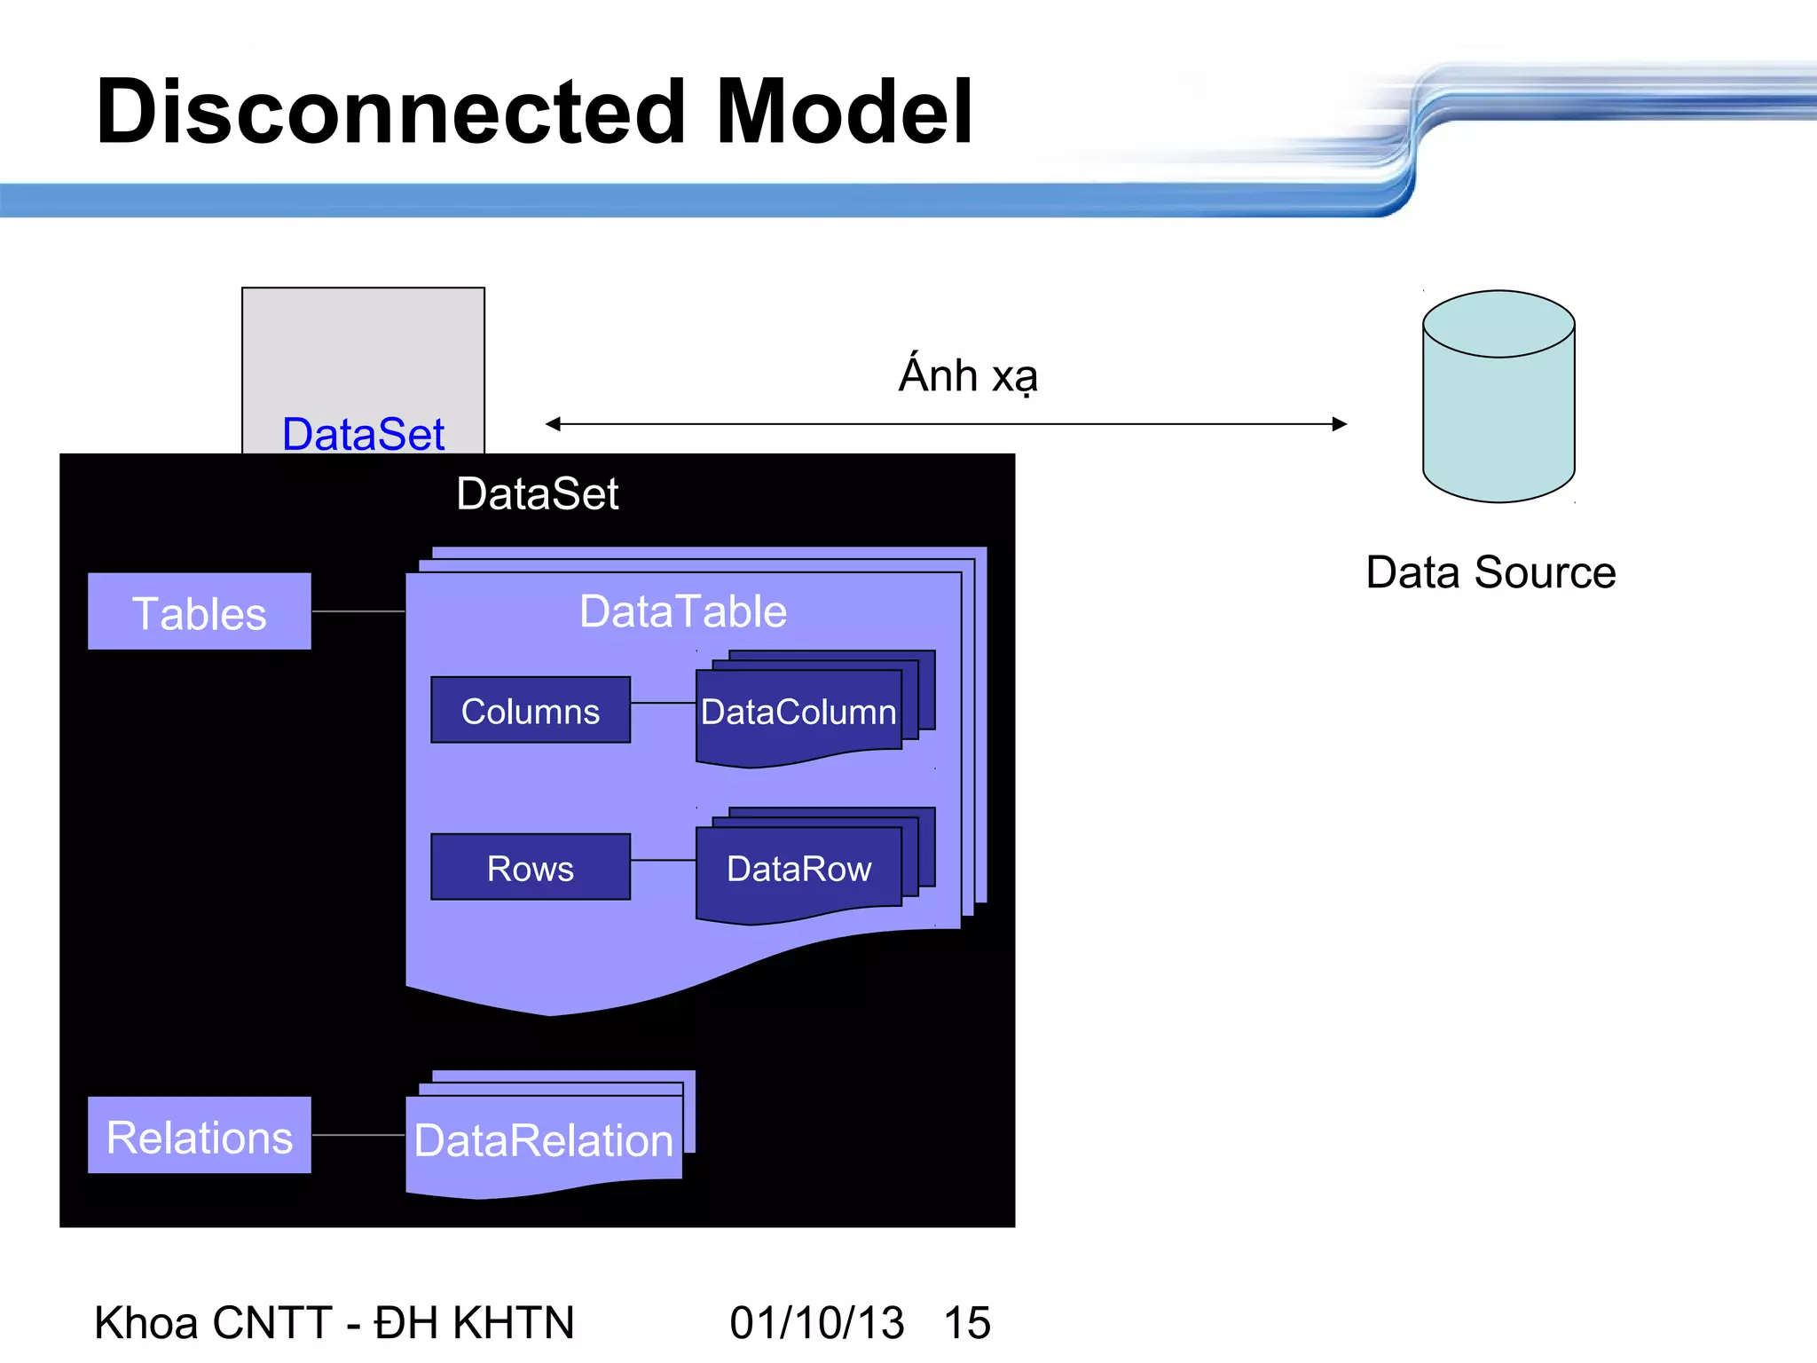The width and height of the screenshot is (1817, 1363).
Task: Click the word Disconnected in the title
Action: coord(390,112)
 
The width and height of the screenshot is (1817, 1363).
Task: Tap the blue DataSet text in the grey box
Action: coord(363,434)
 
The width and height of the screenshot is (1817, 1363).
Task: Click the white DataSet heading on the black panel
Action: coord(537,493)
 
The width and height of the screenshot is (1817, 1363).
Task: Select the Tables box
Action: coord(200,612)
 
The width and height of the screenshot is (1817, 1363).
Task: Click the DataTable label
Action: coord(682,611)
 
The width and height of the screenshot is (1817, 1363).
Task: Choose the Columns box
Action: coord(531,711)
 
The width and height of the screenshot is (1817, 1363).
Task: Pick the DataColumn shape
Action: coord(798,713)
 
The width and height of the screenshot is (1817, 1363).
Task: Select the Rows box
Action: coord(531,868)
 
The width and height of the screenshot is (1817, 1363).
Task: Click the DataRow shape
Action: coord(798,869)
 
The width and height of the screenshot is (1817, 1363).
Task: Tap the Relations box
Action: coord(200,1136)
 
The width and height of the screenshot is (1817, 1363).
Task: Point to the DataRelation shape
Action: coord(543,1140)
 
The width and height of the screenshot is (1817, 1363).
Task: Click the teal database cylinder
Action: coord(1498,408)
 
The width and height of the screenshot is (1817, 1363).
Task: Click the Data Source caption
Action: coord(1491,572)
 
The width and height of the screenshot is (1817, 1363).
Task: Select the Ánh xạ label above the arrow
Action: coord(968,375)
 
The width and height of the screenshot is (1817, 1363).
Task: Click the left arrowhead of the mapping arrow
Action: coord(554,424)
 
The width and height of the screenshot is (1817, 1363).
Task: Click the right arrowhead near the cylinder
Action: coord(1340,424)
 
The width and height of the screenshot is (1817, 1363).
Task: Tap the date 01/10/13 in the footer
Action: coord(816,1322)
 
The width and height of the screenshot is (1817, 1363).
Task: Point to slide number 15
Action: coord(967,1322)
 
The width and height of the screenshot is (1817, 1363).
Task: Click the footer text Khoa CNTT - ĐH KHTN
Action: coord(334,1322)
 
